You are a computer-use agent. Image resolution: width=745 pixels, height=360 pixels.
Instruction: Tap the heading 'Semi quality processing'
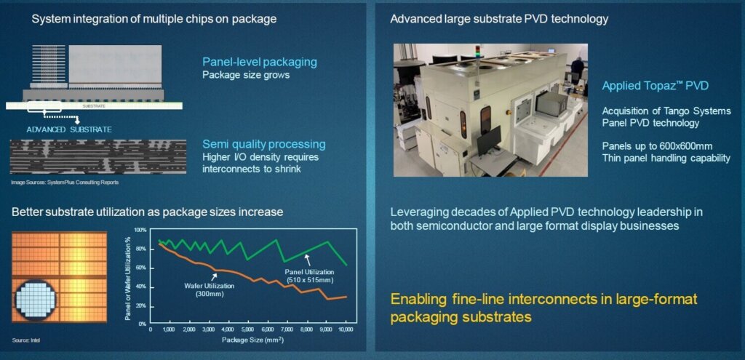pyautogui.click(x=263, y=144)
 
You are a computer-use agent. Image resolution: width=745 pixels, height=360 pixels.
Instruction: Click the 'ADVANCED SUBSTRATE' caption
pyautogui.click(x=69, y=129)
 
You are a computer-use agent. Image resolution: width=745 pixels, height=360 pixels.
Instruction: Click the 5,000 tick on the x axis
pyautogui.click(x=248, y=329)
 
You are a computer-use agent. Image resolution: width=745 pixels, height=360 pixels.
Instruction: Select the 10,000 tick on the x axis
pyautogui.click(x=346, y=329)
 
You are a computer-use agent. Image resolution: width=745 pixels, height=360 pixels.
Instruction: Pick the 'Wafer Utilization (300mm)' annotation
pyautogui.click(x=209, y=289)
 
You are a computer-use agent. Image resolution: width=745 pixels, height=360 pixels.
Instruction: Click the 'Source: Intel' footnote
pyautogui.click(x=26, y=340)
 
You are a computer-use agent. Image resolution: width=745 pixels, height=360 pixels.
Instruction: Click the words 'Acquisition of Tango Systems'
pyautogui.click(x=666, y=111)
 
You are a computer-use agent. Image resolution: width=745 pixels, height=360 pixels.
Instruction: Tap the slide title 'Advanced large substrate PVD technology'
pyautogui.click(x=499, y=18)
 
